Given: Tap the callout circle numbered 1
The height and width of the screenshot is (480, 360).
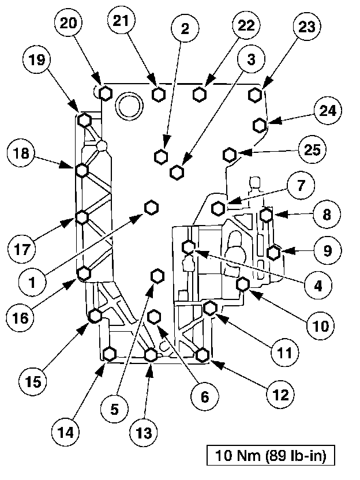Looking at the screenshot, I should pyautogui.click(x=33, y=282).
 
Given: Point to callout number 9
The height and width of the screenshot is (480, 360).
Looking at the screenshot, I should pyautogui.click(x=328, y=250).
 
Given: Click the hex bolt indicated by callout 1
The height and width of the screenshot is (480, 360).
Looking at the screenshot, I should pyautogui.click(x=151, y=208).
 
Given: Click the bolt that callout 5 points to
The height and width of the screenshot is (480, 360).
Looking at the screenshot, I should pyautogui.click(x=156, y=276).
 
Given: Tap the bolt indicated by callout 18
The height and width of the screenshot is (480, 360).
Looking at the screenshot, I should pyautogui.click(x=81, y=170).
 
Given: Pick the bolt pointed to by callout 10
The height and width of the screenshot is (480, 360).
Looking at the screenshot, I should pyautogui.click(x=243, y=284).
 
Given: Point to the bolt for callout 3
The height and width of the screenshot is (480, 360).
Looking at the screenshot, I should pyautogui.click(x=177, y=171).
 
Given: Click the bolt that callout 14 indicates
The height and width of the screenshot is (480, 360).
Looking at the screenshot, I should pyautogui.click(x=109, y=354).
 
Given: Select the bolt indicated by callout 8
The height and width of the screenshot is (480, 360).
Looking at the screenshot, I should pyautogui.click(x=266, y=215).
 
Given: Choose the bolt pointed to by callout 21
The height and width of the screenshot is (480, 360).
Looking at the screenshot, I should pyautogui.click(x=159, y=94).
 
